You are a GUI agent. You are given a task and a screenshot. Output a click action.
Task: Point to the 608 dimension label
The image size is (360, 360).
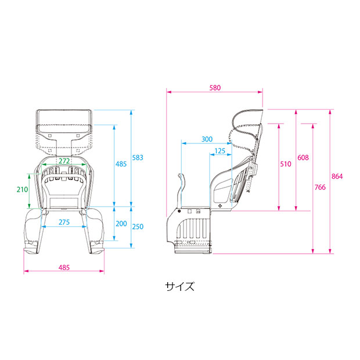303,158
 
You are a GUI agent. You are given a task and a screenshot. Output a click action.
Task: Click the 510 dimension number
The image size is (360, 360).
285,164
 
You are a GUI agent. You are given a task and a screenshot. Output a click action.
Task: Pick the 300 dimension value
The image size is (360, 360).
206,139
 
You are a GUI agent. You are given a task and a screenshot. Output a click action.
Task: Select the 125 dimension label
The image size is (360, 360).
219,151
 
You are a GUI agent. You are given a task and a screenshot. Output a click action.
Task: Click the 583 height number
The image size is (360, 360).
138,157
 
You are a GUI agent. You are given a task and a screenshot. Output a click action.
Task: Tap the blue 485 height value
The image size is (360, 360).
121,164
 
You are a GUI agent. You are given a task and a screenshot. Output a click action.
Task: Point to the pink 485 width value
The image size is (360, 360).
64,268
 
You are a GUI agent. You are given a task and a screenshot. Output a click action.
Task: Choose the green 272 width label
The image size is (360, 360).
64,160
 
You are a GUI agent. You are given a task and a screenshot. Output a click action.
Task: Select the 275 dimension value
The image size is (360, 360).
64,222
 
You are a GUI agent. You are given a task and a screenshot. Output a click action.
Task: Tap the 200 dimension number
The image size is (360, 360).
121,224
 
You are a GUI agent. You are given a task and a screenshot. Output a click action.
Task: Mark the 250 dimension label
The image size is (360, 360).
138,226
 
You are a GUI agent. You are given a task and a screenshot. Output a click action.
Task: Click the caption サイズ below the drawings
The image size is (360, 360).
179,286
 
